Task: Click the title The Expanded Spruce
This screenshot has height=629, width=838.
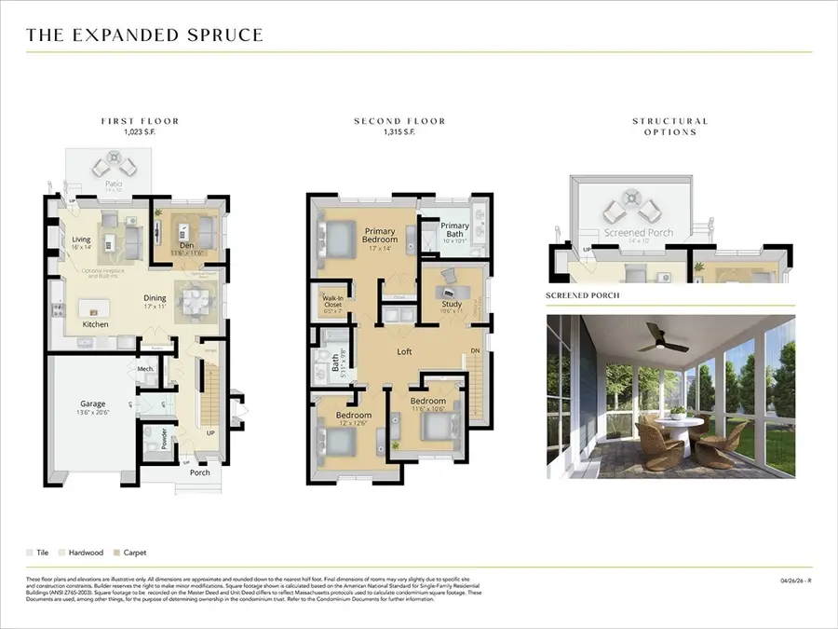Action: click(x=144, y=35)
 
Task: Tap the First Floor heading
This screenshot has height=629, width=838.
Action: click(x=140, y=121)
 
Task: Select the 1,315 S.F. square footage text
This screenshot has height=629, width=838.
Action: click(x=399, y=132)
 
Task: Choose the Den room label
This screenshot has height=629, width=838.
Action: click(x=186, y=246)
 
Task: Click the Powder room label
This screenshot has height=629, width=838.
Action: click(x=164, y=439)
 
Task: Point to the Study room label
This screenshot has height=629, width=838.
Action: click(x=452, y=304)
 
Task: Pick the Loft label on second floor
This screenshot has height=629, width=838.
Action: click(x=404, y=352)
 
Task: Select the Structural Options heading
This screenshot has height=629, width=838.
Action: click(x=669, y=127)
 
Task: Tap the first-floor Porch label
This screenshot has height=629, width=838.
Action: click(x=199, y=472)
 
